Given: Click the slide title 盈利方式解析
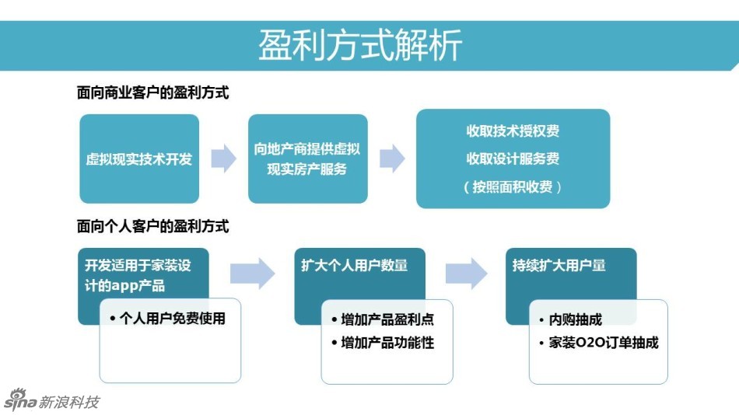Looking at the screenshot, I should [x=360, y=44].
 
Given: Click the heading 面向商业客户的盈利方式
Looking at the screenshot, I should [x=153, y=92].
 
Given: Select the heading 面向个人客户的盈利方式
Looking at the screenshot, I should [x=153, y=227].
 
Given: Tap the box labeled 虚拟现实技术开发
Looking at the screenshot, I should [x=139, y=159].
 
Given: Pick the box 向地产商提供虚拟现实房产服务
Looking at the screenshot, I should [x=307, y=159].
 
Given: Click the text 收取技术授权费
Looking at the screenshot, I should [x=513, y=131].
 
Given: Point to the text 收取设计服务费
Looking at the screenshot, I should [x=513, y=159].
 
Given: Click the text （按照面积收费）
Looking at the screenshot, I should [x=513, y=187].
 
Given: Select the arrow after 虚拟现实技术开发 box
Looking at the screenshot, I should [x=223, y=159].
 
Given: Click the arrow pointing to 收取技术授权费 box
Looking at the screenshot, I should [x=392, y=159].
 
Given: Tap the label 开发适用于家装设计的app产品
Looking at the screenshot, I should [x=138, y=275].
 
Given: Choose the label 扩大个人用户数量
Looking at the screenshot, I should [x=354, y=266].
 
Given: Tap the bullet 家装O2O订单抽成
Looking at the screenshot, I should [x=598, y=343].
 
